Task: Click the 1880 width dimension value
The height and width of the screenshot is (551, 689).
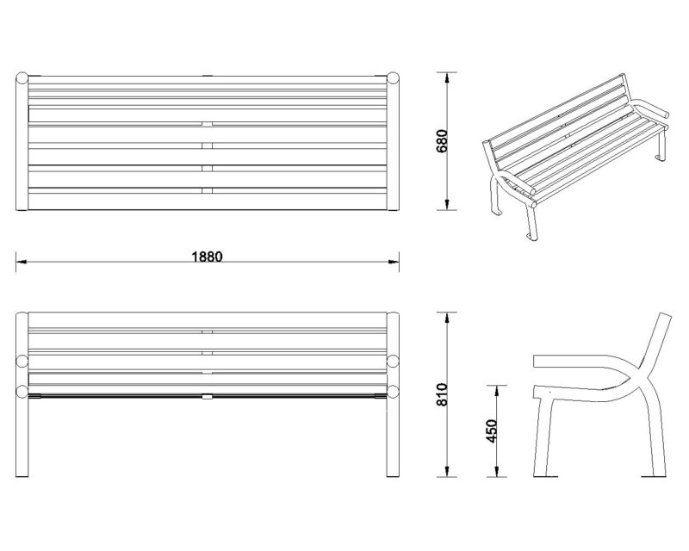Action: (208, 257)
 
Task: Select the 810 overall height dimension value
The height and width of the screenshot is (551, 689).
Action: (442, 393)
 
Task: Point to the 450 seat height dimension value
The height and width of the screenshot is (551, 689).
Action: (492, 431)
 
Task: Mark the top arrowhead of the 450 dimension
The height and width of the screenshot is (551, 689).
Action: (497, 388)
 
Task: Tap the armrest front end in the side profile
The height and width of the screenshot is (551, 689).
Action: (537, 362)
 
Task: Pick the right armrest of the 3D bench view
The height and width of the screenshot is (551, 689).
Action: (652, 111)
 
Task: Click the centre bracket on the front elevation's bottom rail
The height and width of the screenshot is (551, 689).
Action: (208, 397)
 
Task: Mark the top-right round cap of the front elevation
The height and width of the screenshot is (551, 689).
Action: (394, 362)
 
